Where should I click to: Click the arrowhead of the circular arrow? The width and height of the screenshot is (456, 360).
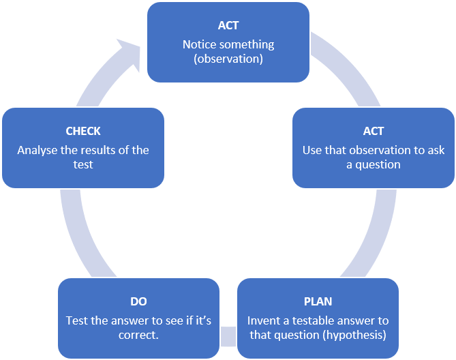[130, 55]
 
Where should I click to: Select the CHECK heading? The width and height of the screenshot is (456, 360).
[83, 131]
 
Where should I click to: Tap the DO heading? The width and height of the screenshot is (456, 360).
[138, 301]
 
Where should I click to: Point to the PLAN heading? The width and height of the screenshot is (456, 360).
[318, 301]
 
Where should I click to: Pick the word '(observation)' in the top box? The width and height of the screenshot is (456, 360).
[228, 59]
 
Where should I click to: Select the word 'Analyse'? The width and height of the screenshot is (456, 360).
[37, 150]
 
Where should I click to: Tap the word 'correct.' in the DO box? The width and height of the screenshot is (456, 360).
[138, 335]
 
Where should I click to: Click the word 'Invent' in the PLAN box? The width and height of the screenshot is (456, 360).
[263, 320]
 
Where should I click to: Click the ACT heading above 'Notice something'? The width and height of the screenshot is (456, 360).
[228, 25]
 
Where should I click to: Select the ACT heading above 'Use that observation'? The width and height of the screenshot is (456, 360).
[374, 131]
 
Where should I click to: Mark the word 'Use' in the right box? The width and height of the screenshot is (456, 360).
[312, 150]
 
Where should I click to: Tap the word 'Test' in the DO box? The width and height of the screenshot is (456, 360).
[77, 320]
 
